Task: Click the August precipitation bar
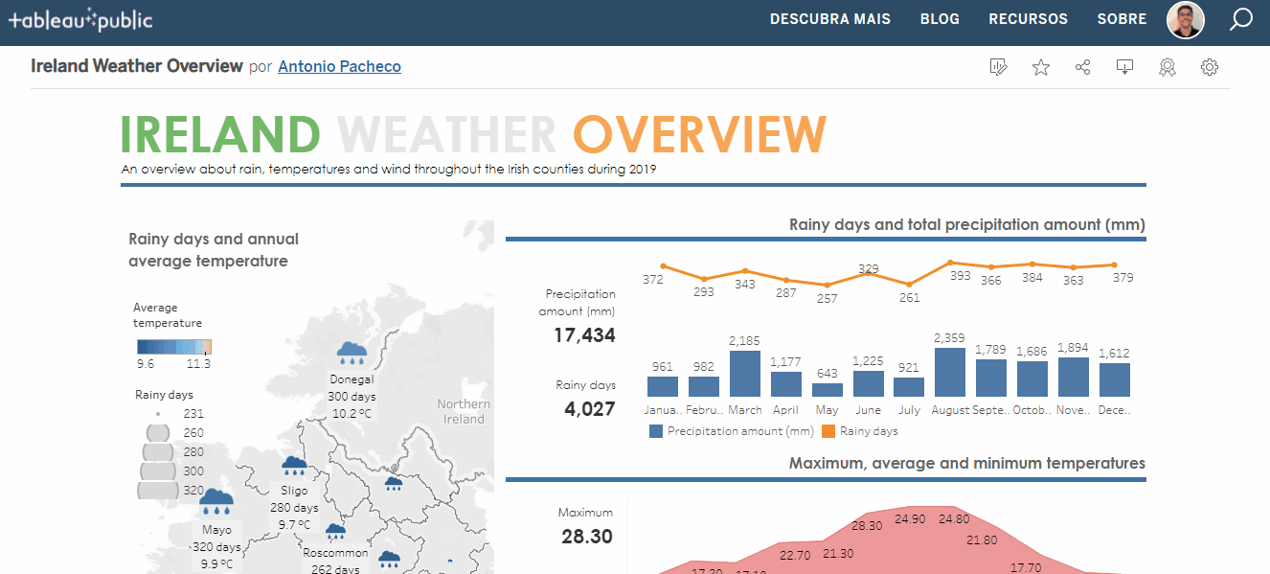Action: click(949, 372)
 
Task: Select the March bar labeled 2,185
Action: click(745, 374)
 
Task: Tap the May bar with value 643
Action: click(827, 390)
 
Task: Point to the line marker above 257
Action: click(827, 285)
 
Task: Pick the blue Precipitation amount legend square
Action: click(656, 431)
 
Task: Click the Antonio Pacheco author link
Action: click(339, 66)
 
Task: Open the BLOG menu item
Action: click(940, 19)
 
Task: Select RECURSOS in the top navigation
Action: click(1028, 19)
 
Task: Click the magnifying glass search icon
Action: click(1241, 19)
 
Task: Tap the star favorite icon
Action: click(1041, 67)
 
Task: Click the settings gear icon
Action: click(1210, 67)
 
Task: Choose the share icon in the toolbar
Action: click(1083, 67)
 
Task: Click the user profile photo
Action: click(1186, 19)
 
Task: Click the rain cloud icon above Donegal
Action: click(352, 353)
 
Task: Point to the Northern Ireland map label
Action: click(464, 411)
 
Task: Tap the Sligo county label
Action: click(294, 491)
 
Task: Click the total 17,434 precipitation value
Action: click(584, 335)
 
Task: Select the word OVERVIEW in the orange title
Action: click(700, 134)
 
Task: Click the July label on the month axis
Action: click(909, 410)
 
